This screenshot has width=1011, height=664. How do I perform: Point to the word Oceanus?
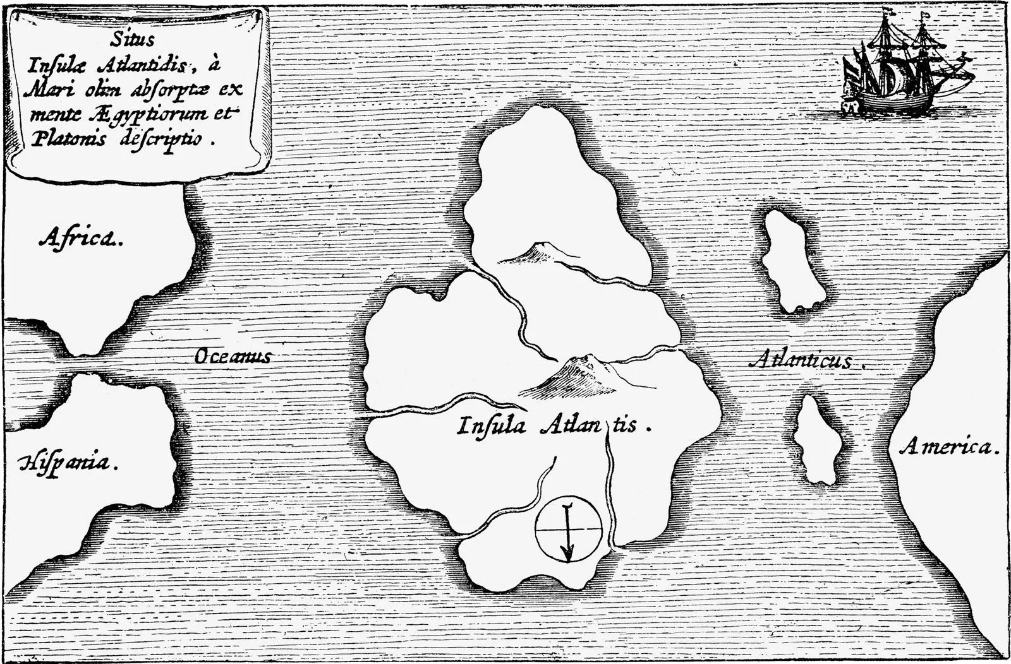coord(232,357)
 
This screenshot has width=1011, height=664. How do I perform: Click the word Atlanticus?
coord(803,361)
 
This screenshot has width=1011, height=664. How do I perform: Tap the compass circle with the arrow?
coord(568,528)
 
